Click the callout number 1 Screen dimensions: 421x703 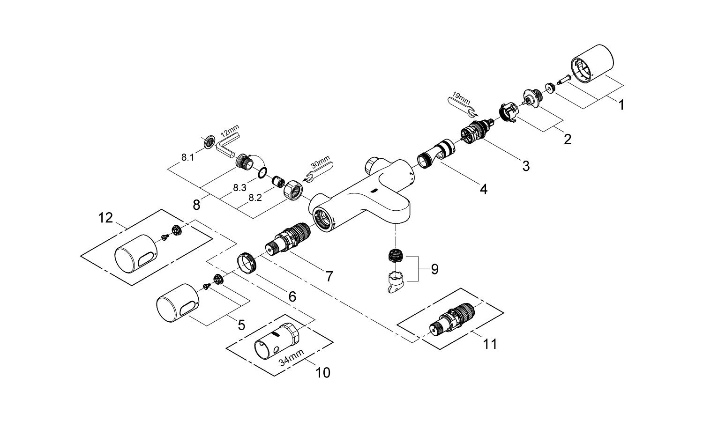621,105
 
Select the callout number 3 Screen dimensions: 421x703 526,165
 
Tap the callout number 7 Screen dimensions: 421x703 329,276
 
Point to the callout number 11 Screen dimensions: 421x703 490,344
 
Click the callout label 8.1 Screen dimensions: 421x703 187,157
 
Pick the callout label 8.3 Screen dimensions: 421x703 239,187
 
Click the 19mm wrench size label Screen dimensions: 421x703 462,100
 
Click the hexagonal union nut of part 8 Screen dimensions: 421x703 293,189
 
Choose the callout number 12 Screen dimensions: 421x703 106,218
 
